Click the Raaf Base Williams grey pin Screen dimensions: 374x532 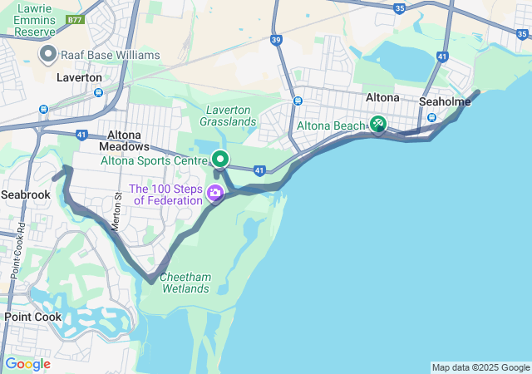[47, 55]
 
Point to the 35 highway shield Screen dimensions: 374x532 [400, 8]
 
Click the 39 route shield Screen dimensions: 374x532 [277, 39]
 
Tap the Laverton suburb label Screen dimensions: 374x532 [79, 77]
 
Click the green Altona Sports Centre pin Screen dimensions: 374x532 [220, 158]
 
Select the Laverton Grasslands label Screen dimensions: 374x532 [228, 116]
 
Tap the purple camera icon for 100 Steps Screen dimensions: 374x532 [215, 194]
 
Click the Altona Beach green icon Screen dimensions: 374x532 [378, 124]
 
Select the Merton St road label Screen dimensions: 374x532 [117, 212]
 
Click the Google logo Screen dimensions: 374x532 [27, 363]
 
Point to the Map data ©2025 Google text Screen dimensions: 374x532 [480, 367]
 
